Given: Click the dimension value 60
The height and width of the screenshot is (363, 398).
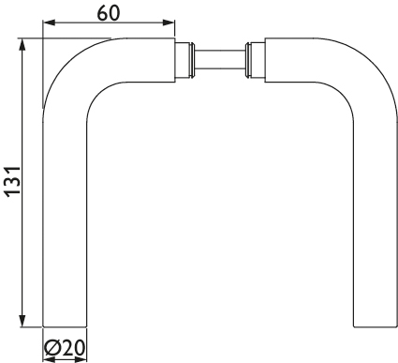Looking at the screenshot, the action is (x=109, y=13).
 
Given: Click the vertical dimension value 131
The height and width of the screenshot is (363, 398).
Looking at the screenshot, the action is (x=13, y=182).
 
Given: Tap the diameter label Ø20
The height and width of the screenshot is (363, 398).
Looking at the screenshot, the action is (x=65, y=348).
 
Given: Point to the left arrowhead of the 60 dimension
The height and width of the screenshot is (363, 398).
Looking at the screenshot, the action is (x=49, y=23).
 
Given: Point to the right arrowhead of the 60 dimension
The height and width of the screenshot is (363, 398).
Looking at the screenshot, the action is (x=169, y=23).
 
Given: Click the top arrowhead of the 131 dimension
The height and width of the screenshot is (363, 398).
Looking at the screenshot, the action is (x=22, y=44).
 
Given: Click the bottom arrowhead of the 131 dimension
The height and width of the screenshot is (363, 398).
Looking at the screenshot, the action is (x=22, y=321).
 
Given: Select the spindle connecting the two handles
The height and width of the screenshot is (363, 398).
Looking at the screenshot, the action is (x=220, y=59).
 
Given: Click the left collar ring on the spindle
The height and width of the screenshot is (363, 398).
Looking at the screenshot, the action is (x=192, y=59).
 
